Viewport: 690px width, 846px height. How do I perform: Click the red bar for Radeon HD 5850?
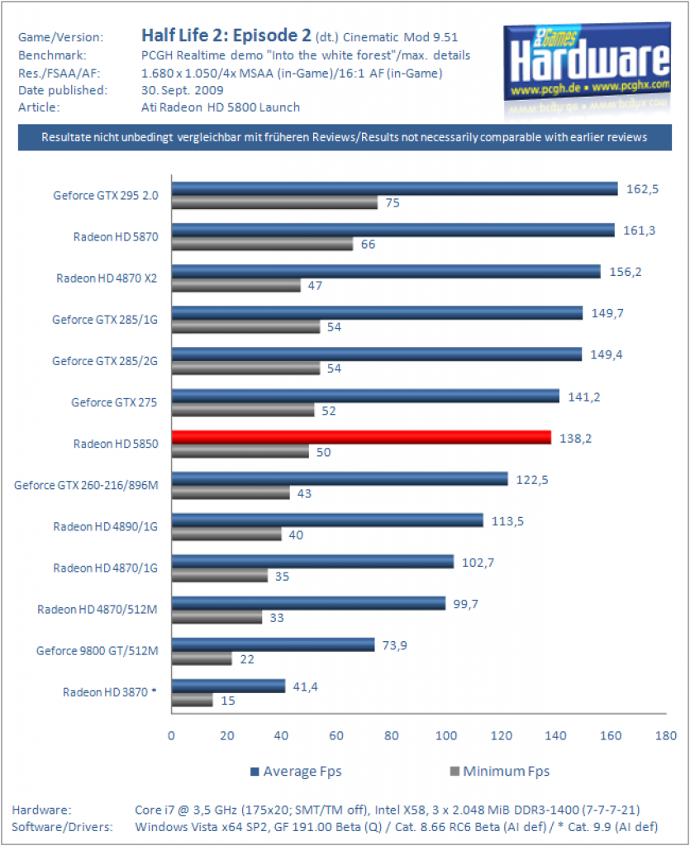[361, 437]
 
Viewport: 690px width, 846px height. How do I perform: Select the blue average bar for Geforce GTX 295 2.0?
[395, 188]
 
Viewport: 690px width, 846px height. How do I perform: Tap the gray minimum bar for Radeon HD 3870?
[193, 701]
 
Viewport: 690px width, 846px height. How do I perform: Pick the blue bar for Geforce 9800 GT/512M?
[273, 644]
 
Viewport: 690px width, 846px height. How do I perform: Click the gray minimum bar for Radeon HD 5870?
[263, 244]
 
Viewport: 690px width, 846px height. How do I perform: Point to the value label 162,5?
[642, 189]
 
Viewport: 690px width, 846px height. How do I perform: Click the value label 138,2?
[575, 438]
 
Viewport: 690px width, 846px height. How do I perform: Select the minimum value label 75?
[393, 203]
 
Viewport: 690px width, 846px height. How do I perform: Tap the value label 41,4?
[305, 687]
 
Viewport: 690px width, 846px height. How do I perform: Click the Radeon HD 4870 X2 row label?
[107, 278]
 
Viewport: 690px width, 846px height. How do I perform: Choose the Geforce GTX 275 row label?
[114, 402]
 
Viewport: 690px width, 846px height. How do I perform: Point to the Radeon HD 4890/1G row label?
[105, 526]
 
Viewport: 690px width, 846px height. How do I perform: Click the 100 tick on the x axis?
[446, 735]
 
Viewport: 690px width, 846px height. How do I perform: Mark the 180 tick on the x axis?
[666, 735]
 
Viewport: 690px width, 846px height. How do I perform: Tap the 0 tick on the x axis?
[172, 735]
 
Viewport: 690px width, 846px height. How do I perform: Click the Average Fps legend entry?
[296, 772]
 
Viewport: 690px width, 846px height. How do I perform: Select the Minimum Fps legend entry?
[500, 772]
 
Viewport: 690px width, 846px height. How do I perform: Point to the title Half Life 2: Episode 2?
[226, 36]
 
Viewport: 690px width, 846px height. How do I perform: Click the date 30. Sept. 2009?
[183, 90]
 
